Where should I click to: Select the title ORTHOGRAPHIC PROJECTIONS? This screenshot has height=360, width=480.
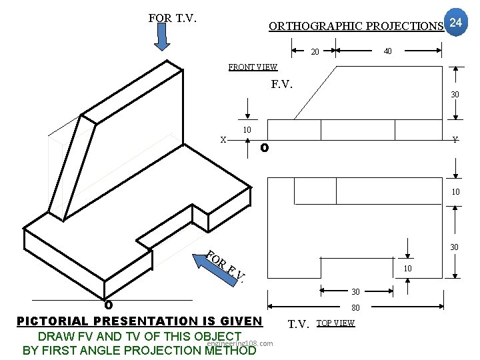(x=356, y=27)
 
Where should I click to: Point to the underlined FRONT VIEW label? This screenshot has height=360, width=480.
(x=253, y=67)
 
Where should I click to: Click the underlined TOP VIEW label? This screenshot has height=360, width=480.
(x=335, y=323)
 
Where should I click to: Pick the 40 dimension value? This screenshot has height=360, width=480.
(x=387, y=51)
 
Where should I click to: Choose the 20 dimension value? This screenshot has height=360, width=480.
(x=315, y=52)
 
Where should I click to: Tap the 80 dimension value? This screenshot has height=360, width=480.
(x=355, y=308)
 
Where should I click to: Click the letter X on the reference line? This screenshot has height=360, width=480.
(x=224, y=140)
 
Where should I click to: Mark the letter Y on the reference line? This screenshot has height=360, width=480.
(x=454, y=140)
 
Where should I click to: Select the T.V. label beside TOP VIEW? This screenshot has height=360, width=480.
(x=298, y=325)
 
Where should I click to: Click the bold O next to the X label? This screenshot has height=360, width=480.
(x=264, y=147)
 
